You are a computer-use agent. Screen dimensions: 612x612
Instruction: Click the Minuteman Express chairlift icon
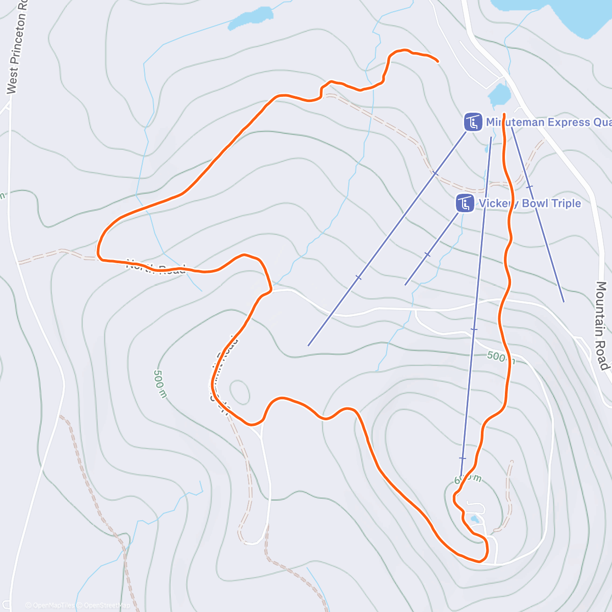tap(473, 122)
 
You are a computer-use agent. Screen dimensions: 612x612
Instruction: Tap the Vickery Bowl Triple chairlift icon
tap(465, 203)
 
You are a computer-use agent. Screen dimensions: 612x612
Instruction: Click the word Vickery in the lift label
tap(497, 203)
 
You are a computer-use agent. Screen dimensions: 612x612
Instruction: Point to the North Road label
tap(156, 267)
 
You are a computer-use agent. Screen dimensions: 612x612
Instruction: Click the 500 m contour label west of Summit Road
tap(160, 384)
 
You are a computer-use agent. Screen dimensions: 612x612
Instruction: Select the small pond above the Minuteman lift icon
tap(499, 94)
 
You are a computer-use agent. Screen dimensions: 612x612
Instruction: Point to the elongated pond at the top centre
tap(250, 18)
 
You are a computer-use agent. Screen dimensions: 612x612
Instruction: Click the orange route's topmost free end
tap(438, 62)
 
